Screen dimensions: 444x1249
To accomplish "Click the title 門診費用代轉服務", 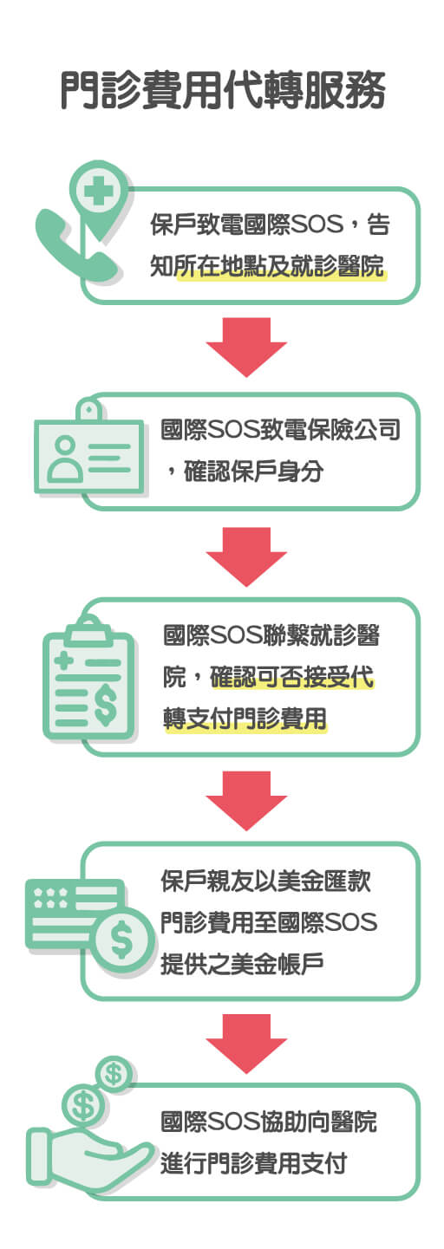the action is click(223, 90).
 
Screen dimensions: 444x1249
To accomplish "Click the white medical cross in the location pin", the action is click(98, 192).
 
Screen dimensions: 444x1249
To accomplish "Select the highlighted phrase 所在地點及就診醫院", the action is click(280, 266).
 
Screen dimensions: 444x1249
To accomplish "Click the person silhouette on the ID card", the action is click(65, 459).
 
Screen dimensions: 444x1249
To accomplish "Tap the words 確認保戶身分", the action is click(254, 472).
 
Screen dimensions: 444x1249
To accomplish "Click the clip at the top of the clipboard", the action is click(88, 629).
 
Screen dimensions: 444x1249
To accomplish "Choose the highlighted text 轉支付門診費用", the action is click(245, 719).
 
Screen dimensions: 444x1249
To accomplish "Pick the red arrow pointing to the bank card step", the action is click(246, 801).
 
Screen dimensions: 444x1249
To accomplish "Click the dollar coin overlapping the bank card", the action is click(122, 939).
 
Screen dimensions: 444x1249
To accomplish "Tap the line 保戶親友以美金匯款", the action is click(266, 881).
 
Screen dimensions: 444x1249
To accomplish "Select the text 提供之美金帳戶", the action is click(242, 963).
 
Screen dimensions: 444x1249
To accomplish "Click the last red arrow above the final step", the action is click(246, 1044).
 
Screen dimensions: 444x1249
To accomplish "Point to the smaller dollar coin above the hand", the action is click(114, 1073).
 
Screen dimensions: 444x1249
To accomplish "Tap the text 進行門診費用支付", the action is click(254, 1163).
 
